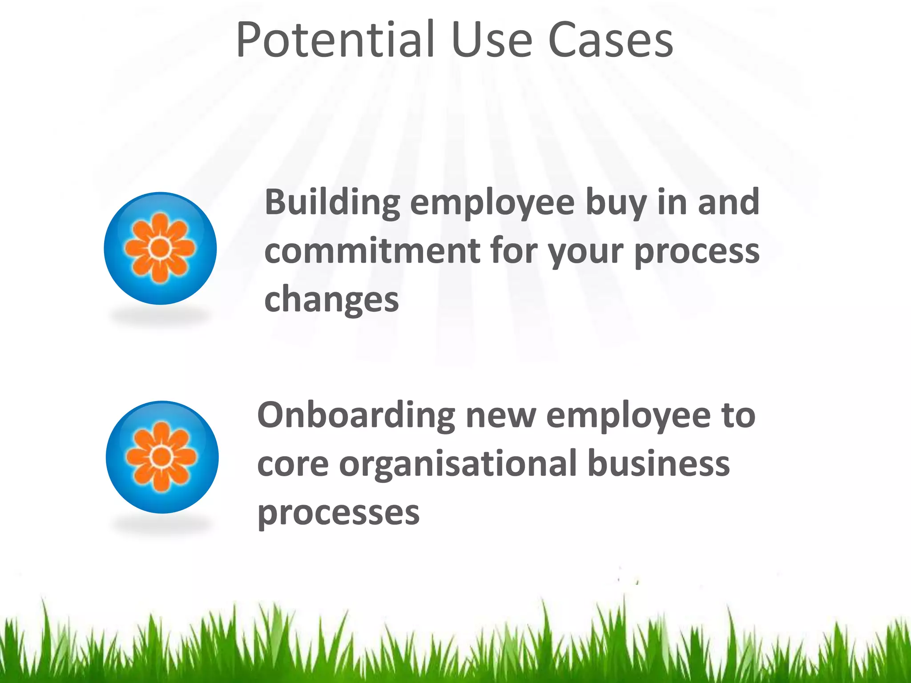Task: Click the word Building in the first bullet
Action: (x=332, y=202)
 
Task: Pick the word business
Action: (x=659, y=463)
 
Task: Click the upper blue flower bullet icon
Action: (x=160, y=248)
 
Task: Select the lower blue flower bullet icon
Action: (x=162, y=457)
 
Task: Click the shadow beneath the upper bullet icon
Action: (x=160, y=317)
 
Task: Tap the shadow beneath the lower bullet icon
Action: (x=162, y=526)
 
